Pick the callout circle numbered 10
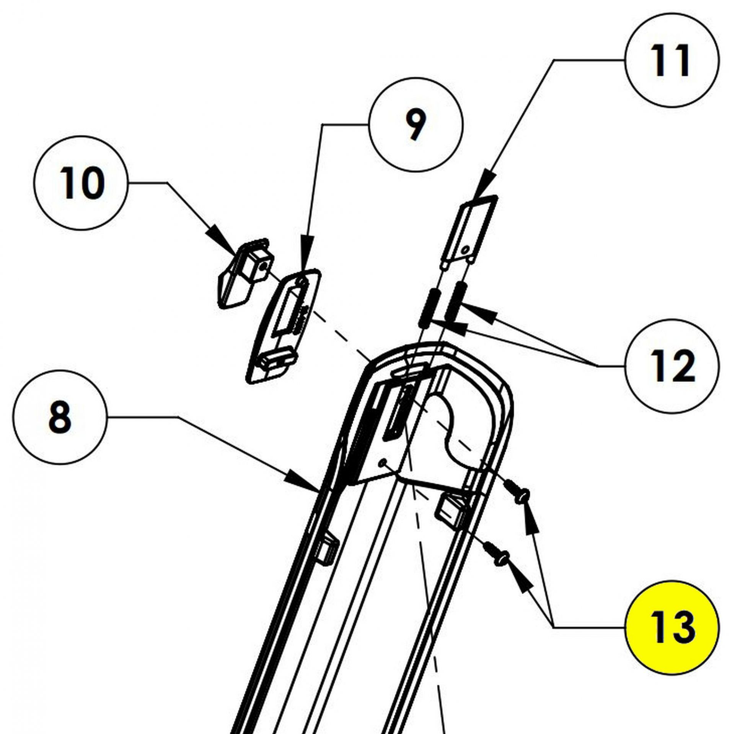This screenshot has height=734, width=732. pos(80,183)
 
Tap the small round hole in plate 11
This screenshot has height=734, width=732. pos(465,250)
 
